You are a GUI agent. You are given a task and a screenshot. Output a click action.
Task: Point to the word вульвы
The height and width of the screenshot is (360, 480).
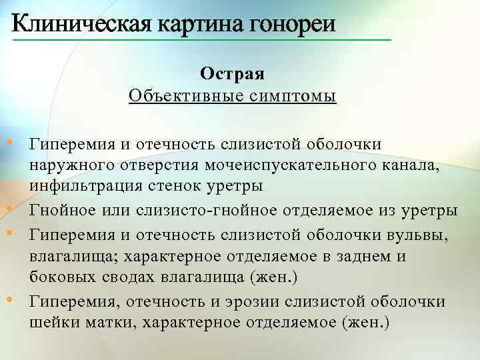418,234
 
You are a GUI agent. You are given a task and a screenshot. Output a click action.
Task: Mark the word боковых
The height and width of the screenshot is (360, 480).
59,277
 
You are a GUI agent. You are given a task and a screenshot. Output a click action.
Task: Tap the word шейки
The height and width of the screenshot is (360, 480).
49,323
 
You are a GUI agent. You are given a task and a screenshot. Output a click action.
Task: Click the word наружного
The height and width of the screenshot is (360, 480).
66,165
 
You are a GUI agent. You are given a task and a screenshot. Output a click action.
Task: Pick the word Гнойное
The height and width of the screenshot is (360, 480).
65,211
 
